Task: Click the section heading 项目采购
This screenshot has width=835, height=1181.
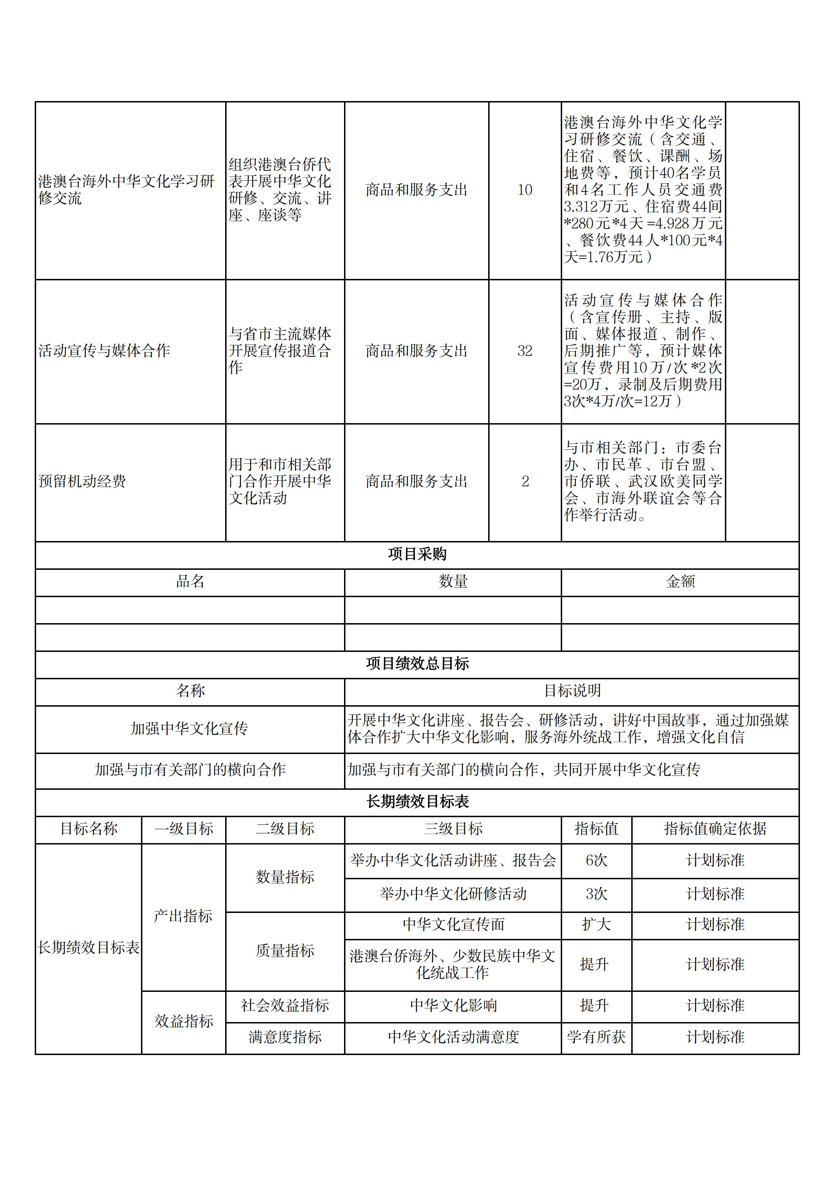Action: click(417, 554)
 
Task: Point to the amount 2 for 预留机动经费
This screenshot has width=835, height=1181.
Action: click(525, 481)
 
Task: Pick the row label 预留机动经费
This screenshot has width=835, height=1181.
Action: click(82, 481)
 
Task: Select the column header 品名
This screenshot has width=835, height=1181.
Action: click(190, 582)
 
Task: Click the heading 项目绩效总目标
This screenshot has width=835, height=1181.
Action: click(417, 663)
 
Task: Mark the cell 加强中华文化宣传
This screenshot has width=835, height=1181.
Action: click(189, 728)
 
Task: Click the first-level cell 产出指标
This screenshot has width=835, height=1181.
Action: click(183, 916)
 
